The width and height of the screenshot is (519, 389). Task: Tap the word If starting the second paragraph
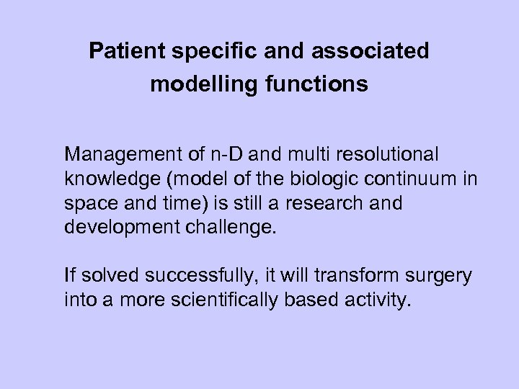click(68, 275)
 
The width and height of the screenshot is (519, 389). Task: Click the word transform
click(342, 275)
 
